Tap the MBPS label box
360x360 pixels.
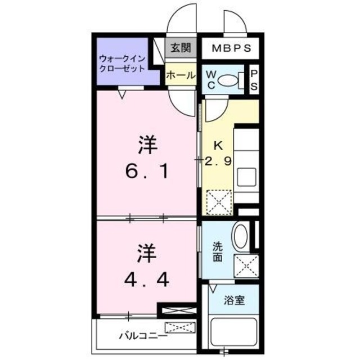[x=231, y=48]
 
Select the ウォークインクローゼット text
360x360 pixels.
[x=122, y=62]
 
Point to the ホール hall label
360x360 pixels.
[x=181, y=75]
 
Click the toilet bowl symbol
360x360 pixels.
[x=228, y=80]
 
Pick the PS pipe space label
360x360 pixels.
[x=254, y=80]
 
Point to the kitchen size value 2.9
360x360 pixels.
[x=218, y=161]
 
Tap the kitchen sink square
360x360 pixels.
[x=246, y=179]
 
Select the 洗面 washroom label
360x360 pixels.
[x=218, y=252]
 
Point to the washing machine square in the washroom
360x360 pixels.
[x=246, y=265]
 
